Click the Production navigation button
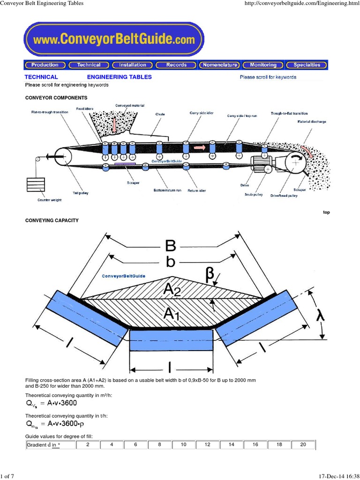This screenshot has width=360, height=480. (x=45, y=65)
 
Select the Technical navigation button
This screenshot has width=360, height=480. (x=89, y=65)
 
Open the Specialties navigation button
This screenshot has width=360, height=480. (x=307, y=65)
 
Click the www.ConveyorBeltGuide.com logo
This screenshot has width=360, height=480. (x=114, y=40)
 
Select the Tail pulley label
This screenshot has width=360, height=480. (x=81, y=193)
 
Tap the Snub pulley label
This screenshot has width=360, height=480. (x=253, y=194)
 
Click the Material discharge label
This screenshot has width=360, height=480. (x=312, y=122)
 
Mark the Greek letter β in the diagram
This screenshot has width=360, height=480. (x=210, y=276)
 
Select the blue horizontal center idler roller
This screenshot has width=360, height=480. (x=171, y=340)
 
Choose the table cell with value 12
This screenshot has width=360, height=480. (x=208, y=444)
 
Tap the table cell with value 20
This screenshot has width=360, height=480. (x=303, y=444)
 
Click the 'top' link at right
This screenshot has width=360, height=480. (x=326, y=212)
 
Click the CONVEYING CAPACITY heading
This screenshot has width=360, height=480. (x=52, y=220)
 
